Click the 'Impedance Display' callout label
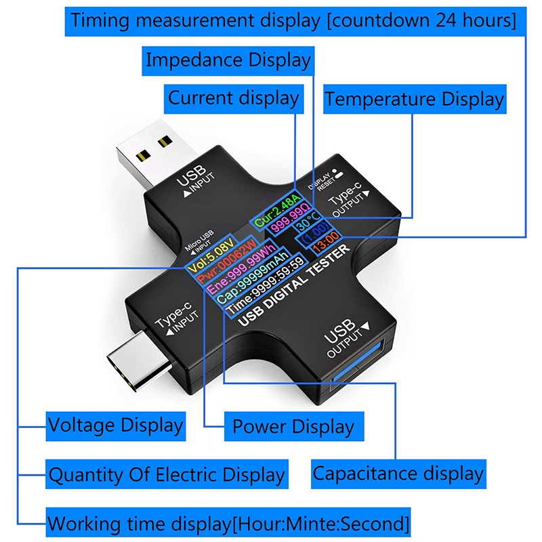228,60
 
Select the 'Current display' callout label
233,98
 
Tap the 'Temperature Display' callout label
414,100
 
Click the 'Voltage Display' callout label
115,425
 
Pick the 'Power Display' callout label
293,427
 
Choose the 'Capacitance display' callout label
398,473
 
